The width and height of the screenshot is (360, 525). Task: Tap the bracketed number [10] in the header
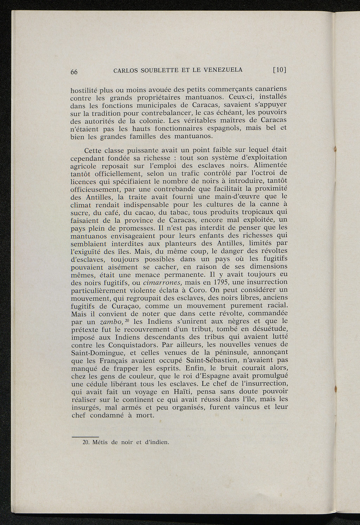click(x=280, y=70)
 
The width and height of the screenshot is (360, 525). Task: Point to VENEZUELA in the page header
click(x=221, y=70)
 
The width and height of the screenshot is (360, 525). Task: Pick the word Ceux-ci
click(x=242, y=96)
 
